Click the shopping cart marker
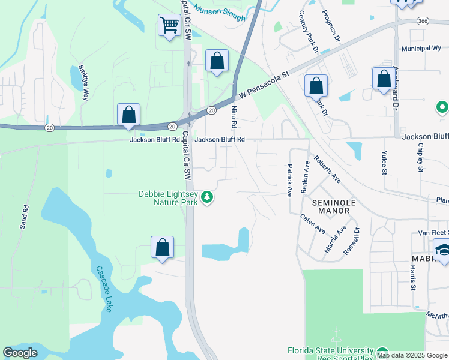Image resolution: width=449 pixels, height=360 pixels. tap(170, 26)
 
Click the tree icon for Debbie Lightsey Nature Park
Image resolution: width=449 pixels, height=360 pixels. tap(207, 197)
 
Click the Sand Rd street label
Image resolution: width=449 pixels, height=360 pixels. tap(24, 217)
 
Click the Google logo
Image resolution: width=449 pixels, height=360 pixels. tap(20, 353)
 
